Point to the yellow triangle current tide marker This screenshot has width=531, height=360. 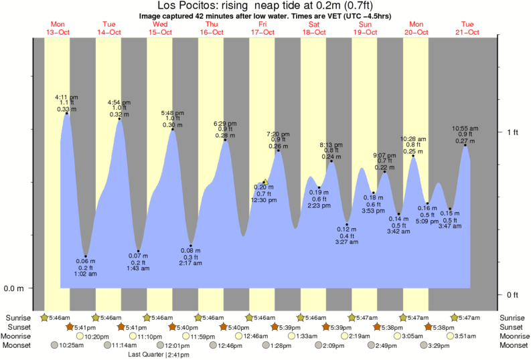click(x=265, y=181)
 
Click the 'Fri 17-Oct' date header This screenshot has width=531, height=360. click(x=262, y=28)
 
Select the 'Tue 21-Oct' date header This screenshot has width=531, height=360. click(x=467, y=28)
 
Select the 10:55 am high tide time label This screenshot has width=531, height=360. click(x=465, y=128)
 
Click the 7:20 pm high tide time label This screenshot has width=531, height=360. click(x=278, y=134)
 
